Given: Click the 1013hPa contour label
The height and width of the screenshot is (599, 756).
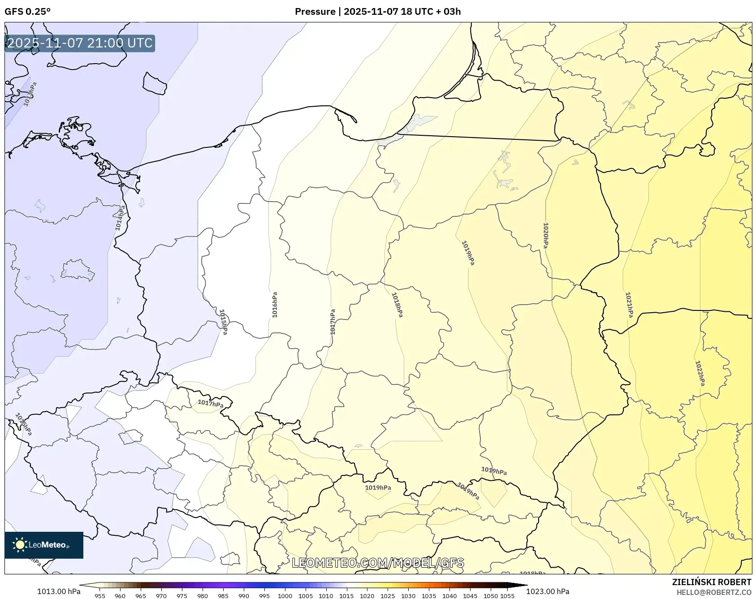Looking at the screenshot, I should click(x=29, y=95).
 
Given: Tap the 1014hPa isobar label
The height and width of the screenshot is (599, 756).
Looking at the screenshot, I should click(x=120, y=218).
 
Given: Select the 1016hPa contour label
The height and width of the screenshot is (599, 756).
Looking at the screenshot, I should click(x=275, y=305).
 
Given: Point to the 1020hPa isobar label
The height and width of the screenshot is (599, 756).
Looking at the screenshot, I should click(x=545, y=236).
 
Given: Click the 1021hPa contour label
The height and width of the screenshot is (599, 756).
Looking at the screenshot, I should click(x=629, y=305).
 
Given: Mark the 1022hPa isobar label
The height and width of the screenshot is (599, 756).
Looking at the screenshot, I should click(x=700, y=373).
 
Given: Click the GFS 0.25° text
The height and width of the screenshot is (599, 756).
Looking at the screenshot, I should click(x=28, y=12).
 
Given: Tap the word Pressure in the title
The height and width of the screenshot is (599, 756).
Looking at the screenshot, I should click(x=315, y=12).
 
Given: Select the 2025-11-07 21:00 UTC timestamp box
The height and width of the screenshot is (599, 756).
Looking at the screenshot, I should click(x=80, y=43).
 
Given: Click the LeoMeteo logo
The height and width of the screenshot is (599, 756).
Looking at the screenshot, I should click(x=44, y=545).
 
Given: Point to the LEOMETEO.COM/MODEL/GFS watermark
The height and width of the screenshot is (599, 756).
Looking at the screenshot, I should click(x=378, y=563).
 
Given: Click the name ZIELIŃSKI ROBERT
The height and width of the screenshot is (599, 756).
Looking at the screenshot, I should click(x=712, y=582).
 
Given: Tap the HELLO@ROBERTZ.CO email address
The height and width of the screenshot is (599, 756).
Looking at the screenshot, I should click(x=714, y=592).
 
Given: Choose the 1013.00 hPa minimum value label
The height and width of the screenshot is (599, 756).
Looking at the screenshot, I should click(x=59, y=591).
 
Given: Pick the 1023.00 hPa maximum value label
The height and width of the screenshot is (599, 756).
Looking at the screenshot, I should click(x=548, y=591).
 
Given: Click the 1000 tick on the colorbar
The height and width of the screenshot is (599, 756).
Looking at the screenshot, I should click(x=285, y=596).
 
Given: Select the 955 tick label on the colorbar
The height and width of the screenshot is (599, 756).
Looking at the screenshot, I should click(x=100, y=596).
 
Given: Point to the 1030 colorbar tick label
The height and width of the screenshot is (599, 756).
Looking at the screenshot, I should click(x=408, y=596).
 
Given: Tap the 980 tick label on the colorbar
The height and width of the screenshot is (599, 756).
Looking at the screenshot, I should click(x=203, y=596).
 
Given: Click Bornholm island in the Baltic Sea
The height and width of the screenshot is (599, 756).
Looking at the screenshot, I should click(x=155, y=83).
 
